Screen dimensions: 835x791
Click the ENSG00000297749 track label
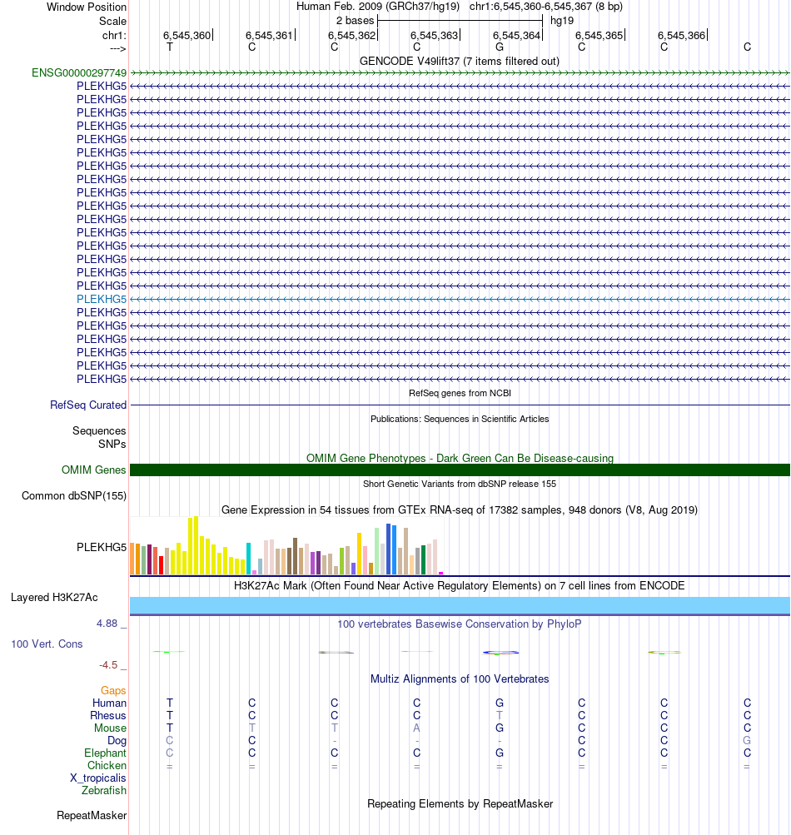[x=79, y=72]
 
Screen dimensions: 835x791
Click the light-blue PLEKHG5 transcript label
[x=102, y=299]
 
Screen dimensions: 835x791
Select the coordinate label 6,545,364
[x=516, y=35]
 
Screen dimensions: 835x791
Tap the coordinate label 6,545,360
[x=187, y=35]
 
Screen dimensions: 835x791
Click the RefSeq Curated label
[x=88, y=405]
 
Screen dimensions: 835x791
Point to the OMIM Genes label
[x=94, y=470]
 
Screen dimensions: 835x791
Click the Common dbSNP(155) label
[x=74, y=496]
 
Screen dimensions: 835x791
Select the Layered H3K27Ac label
[x=54, y=597]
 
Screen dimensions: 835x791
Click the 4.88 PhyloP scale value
[x=111, y=623]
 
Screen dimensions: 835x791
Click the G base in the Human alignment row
[x=500, y=703]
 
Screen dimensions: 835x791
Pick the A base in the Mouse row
[x=417, y=728]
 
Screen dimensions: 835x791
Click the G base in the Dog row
[x=747, y=740]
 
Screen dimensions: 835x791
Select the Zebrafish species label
[x=104, y=790]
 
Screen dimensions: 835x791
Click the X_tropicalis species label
[x=98, y=778]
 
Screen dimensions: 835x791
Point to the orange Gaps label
[x=113, y=690]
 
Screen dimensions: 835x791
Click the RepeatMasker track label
[x=92, y=815]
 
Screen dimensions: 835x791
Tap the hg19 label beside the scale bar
[x=562, y=20]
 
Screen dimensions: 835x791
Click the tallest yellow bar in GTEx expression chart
[x=196, y=545]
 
